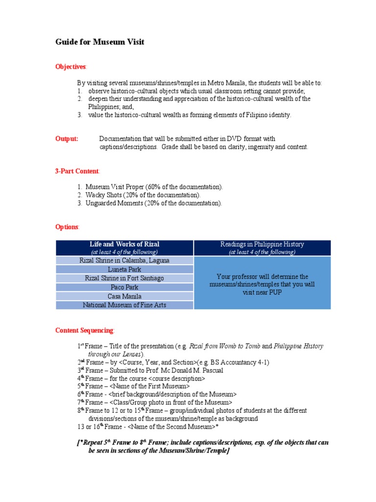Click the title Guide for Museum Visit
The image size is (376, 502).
tap(100, 43)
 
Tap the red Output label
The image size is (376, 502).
tap(67, 139)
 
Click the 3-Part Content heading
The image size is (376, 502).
tap(77, 171)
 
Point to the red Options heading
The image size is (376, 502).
tap(67, 227)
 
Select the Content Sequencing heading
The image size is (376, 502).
tap(85, 330)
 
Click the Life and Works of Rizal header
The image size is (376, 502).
tap(124, 244)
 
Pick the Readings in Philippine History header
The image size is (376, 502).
tap(262, 244)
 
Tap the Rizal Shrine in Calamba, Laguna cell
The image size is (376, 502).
tap(124, 260)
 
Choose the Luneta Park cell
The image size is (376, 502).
tap(124, 270)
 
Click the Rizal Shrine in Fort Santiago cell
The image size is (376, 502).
tap(124, 278)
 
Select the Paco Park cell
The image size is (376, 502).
tap(124, 287)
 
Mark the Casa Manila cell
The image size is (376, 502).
tap(124, 296)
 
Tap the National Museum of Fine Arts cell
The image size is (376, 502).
tap(124, 305)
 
